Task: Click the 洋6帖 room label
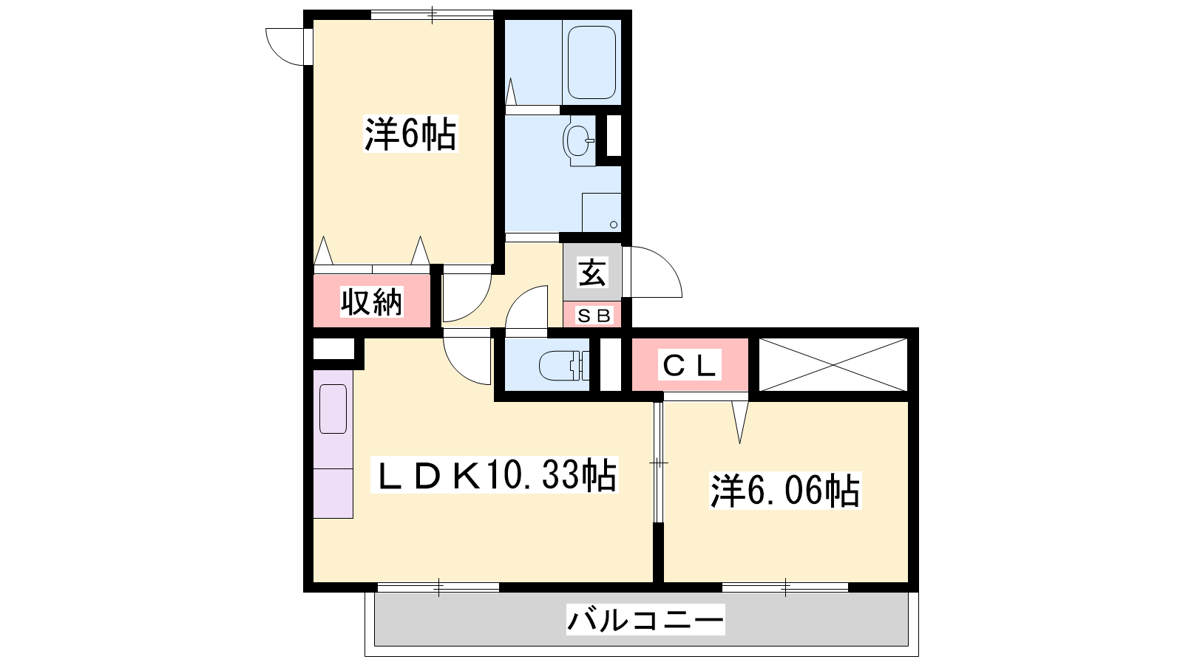coord(410,134)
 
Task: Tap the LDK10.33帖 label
coord(495,475)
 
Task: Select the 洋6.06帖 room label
coord(785,491)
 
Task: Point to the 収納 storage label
coord(371,302)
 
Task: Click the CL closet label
coord(689,365)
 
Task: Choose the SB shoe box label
coord(594,316)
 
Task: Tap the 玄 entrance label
coord(592,273)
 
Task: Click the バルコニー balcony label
coord(645,620)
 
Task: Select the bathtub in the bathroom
coord(591,62)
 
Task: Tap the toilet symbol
coord(563,365)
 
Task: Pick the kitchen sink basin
coord(333,409)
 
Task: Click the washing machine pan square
coord(602,212)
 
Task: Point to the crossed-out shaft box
coord(833,365)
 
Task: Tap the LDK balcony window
coord(438,587)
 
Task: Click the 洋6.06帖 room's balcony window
coord(785,587)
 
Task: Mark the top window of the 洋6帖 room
coord(432,15)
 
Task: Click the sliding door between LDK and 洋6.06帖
coord(658,463)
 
